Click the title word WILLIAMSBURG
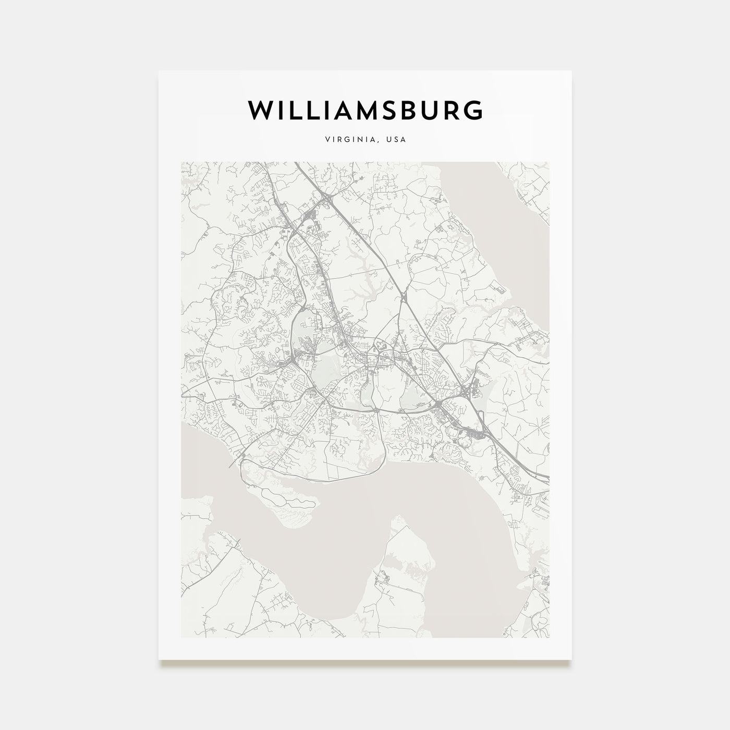[365, 110]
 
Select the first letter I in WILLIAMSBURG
[281, 110]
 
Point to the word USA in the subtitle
[397, 140]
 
